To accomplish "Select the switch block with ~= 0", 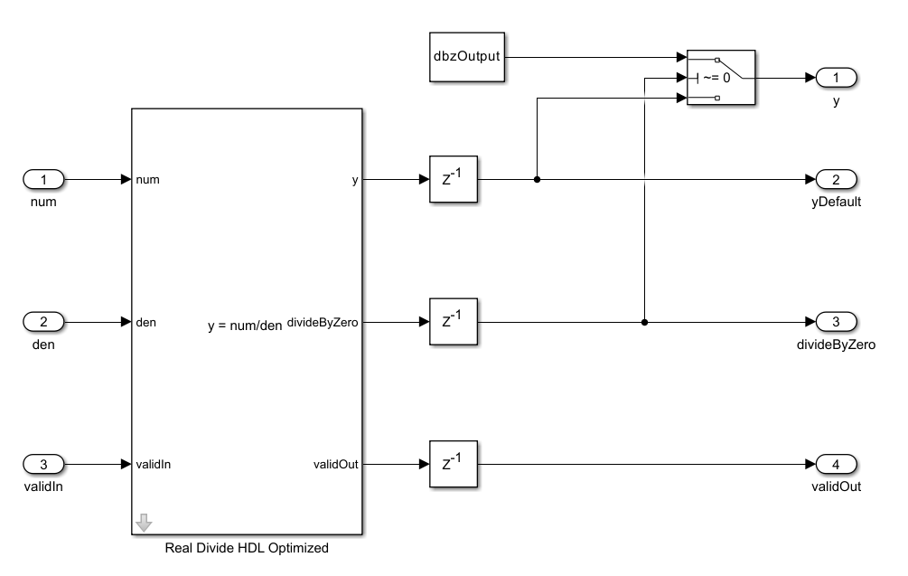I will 721,78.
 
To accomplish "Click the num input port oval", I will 42,179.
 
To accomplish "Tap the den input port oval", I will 42,321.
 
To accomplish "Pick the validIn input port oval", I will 42,464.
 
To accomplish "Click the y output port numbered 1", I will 836,78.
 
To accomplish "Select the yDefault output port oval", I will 836,179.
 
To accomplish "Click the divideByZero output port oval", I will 836,321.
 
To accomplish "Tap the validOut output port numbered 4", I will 836,464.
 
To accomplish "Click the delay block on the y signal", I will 453,179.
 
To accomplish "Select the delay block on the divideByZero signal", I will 453,321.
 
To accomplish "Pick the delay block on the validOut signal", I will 453,464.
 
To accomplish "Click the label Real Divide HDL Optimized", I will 247,548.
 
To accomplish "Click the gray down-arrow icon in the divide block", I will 145,523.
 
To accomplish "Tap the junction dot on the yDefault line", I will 538,179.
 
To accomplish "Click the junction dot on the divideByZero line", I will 644,321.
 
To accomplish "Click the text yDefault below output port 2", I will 836,202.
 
